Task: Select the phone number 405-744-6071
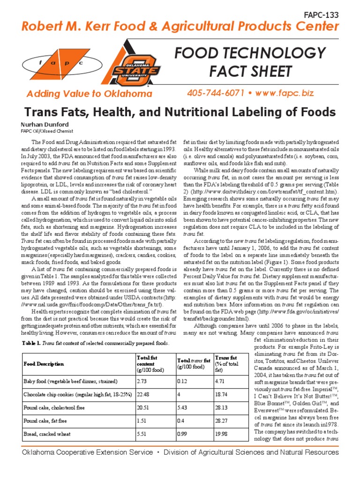pyautogui.click(x=217, y=93)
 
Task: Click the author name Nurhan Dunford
pyautogui.click(x=42, y=125)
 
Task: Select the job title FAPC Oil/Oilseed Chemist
pyautogui.click(x=47, y=131)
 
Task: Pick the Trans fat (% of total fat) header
pyautogui.click(x=228, y=364)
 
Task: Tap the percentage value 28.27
pyautogui.click(x=221, y=421)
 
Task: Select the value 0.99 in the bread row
pyautogui.click(x=182, y=434)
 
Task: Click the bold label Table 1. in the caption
pyautogui.click(x=31, y=343)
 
